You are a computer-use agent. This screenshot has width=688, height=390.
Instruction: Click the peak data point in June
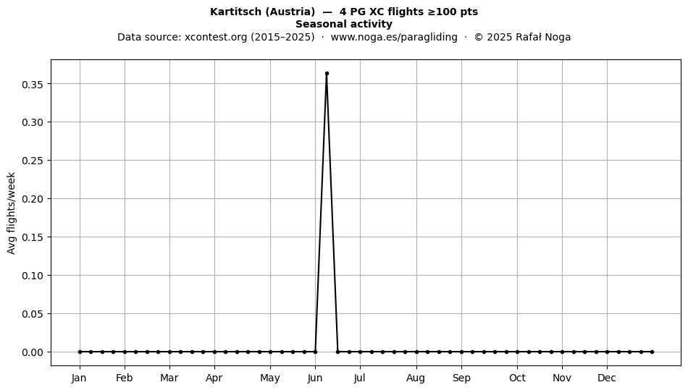pyautogui.click(x=327, y=74)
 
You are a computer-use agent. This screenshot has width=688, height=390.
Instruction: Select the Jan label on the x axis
pyautogui.click(x=79, y=378)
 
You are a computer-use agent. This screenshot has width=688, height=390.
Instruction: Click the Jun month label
pyautogui.click(x=315, y=378)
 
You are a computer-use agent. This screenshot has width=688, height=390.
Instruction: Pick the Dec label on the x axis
pyautogui.click(x=607, y=378)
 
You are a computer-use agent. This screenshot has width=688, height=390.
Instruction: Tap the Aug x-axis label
pyautogui.click(x=416, y=378)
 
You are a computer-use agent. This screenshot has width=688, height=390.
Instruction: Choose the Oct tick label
pyautogui.click(x=517, y=378)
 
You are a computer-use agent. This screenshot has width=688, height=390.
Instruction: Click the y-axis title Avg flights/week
pyautogui.click(x=12, y=213)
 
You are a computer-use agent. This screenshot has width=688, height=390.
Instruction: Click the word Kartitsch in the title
pyautogui.click(x=235, y=12)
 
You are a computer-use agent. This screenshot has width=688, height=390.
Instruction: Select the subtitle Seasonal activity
pyautogui.click(x=344, y=24)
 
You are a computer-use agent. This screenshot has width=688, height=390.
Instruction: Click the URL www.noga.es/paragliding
pyautogui.click(x=394, y=37)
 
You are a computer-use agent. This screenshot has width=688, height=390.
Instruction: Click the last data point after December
pyautogui.click(x=652, y=352)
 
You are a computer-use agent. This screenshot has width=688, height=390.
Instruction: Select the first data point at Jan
pyautogui.click(x=80, y=352)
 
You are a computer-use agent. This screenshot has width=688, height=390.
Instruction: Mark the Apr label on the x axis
pyautogui.click(x=214, y=378)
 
